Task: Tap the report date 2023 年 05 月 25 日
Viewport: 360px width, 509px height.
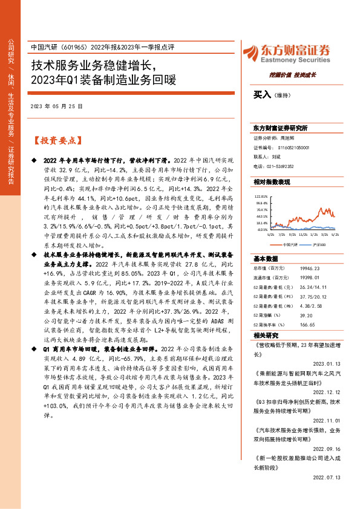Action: pyautogui.click(x=65, y=105)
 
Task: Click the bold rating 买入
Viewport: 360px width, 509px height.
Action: pyautogui.click(x=262, y=95)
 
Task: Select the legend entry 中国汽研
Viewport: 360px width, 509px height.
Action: pyautogui.click(x=273, y=245)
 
